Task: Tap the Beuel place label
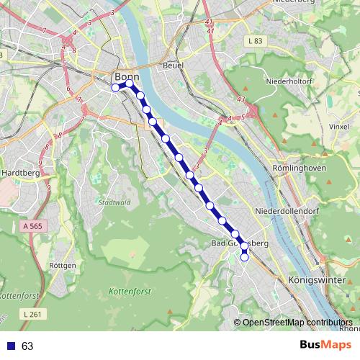174,65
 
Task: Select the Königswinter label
312,279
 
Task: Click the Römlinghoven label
300,168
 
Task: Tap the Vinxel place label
338,126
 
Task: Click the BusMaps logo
326,345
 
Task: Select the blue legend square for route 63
10,346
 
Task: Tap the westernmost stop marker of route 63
115,88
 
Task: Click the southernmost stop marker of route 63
245,258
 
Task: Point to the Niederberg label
294,2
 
